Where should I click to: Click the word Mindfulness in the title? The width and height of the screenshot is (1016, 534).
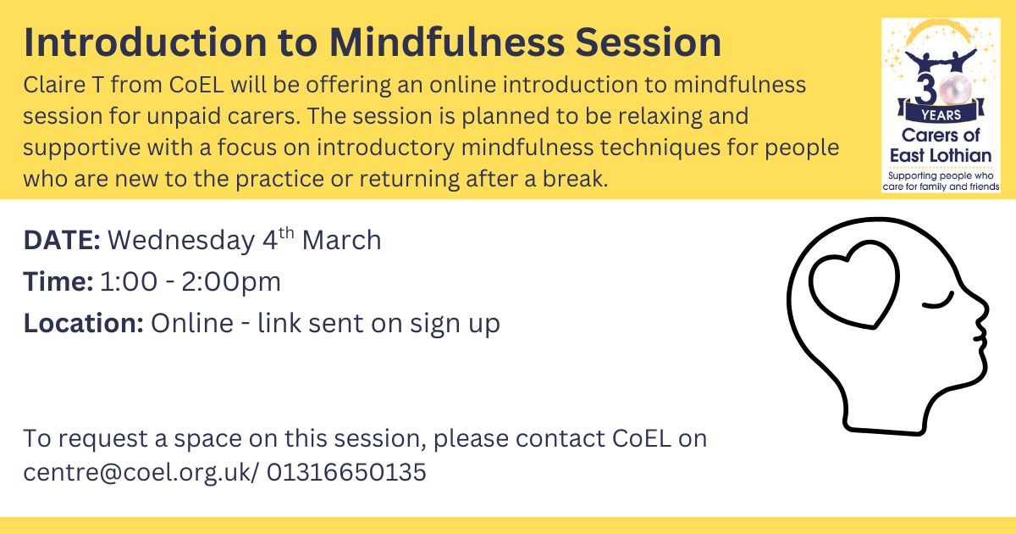pyautogui.click(x=447, y=42)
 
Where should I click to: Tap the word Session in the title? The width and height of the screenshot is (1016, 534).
pyautogui.click(x=649, y=42)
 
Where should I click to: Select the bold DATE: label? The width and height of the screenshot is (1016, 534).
pyautogui.click(x=62, y=240)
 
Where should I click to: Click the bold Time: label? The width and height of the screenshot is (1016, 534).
pyautogui.click(x=58, y=281)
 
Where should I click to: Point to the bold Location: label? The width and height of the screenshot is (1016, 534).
pyautogui.click(x=84, y=323)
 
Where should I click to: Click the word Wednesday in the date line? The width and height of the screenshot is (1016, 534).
pyautogui.click(x=181, y=241)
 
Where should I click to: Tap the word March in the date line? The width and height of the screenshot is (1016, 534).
pyautogui.click(x=341, y=240)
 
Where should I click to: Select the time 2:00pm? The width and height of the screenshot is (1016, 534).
pyautogui.click(x=231, y=282)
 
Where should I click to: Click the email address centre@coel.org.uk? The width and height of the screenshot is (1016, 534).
pyautogui.click(x=136, y=472)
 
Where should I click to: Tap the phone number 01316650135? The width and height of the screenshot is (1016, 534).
pyautogui.click(x=346, y=472)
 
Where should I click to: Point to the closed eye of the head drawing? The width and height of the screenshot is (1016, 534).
pyautogui.click(x=938, y=302)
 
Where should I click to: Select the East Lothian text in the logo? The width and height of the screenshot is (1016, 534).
pyautogui.click(x=941, y=156)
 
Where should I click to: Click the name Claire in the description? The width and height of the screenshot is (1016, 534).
pyautogui.click(x=54, y=85)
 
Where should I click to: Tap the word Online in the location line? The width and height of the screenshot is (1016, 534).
pyautogui.click(x=192, y=323)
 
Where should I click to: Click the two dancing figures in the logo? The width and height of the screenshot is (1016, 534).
pyautogui.click(x=941, y=62)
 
